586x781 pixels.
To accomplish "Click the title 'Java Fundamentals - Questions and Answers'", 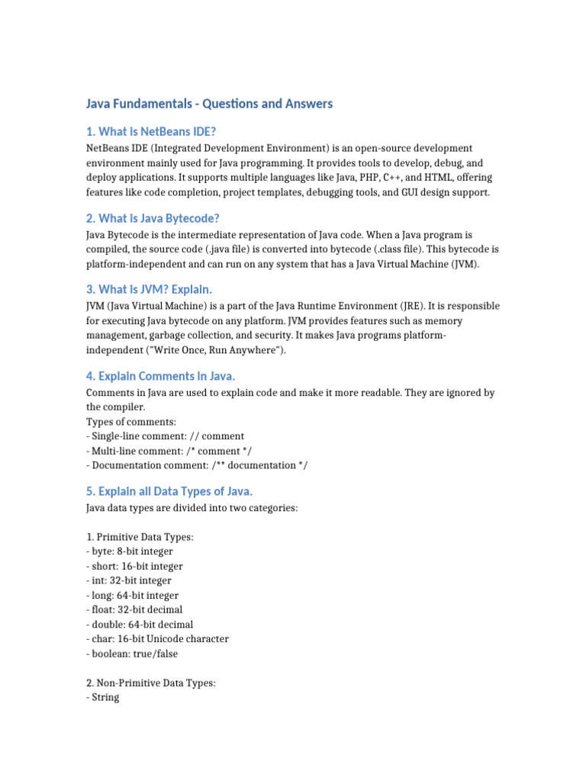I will (x=209, y=104).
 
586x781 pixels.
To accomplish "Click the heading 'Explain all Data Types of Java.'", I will (x=179, y=490).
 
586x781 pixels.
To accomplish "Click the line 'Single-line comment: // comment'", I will (x=166, y=436).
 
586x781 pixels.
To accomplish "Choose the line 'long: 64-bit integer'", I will (x=132, y=595).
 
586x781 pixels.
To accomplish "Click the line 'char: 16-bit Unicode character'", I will (x=157, y=638).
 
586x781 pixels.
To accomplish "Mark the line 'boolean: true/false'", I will (x=133, y=653).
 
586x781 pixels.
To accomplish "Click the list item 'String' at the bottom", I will (x=105, y=697).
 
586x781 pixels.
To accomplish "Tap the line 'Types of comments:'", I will (x=131, y=422).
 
